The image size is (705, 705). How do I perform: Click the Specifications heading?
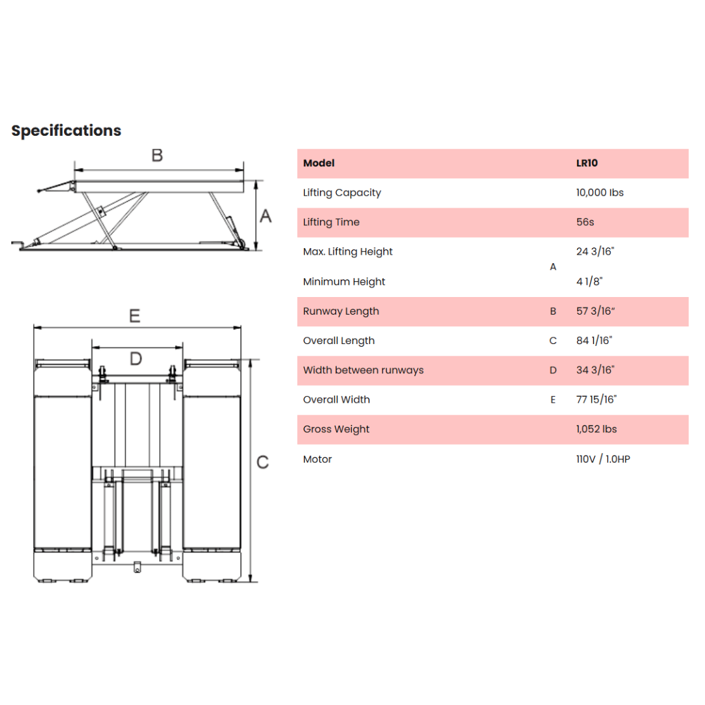click(66, 131)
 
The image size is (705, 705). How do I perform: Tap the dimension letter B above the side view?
click(157, 155)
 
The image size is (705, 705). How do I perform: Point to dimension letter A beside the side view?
click(266, 216)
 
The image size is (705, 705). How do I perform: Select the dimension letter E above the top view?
click(134, 316)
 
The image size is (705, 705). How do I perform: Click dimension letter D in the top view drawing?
click(136, 359)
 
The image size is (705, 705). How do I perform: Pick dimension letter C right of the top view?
click(262, 462)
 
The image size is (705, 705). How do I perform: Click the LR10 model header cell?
click(587, 163)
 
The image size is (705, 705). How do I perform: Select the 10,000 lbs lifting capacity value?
click(600, 193)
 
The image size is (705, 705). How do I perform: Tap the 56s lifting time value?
click(585, 222)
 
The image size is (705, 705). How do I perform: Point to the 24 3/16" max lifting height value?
click(595, 251)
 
